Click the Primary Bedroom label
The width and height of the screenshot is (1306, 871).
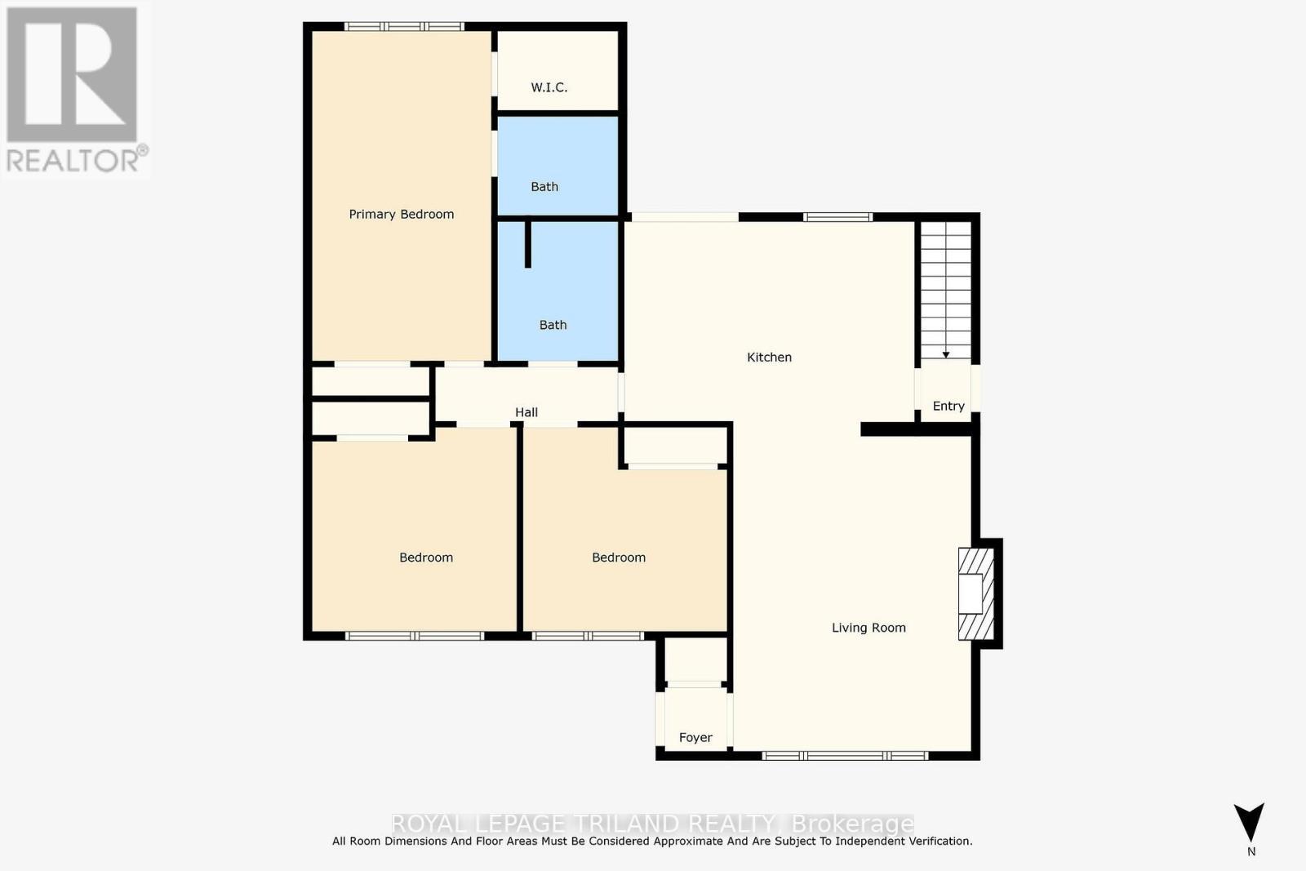401,214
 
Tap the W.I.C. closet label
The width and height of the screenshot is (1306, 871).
549,87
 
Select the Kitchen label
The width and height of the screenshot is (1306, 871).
769,357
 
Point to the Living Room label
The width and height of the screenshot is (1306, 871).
868,628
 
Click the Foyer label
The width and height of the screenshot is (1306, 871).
695,737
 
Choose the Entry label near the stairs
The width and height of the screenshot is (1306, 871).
948,406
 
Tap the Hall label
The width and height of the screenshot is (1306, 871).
526,412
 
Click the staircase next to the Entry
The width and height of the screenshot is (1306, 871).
946,290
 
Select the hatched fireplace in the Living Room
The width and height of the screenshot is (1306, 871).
975,593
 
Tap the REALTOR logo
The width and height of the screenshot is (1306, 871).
73,90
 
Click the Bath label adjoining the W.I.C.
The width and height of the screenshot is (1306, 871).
544,187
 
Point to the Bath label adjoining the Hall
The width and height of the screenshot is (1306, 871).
553,325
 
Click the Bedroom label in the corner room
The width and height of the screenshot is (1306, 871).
426,558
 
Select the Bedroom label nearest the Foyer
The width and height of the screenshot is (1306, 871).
619,558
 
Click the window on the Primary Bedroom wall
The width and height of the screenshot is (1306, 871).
403,27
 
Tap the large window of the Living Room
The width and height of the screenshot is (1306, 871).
845,755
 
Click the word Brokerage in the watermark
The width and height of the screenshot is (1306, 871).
853,823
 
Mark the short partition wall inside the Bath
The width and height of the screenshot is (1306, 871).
528,243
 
